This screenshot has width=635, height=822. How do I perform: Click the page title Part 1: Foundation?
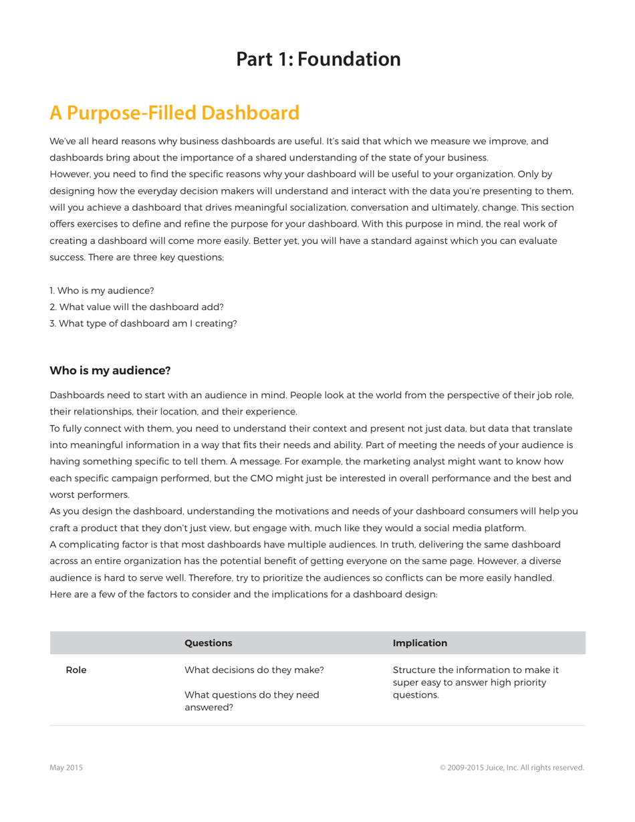point(318,59)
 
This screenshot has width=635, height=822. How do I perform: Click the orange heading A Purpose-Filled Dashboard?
point(174,113)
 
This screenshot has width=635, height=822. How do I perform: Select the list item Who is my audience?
point(102,291)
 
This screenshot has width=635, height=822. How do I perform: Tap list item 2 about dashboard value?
point(136,307)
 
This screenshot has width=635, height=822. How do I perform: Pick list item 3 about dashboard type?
point(143,323)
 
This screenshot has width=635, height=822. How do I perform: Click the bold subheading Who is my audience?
point(110,371)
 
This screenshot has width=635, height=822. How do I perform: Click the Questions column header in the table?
point(208,643)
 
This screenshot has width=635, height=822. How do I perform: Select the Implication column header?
point(420,643)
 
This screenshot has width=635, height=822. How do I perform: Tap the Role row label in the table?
point(76,670)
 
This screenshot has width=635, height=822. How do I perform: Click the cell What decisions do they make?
point(254,670)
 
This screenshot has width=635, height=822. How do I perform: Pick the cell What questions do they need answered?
point(251,701)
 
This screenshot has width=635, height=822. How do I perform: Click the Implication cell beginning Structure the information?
point(475,682)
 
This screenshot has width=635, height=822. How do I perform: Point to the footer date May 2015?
point(66,768)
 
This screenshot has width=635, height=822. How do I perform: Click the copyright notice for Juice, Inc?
point(511,768)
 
